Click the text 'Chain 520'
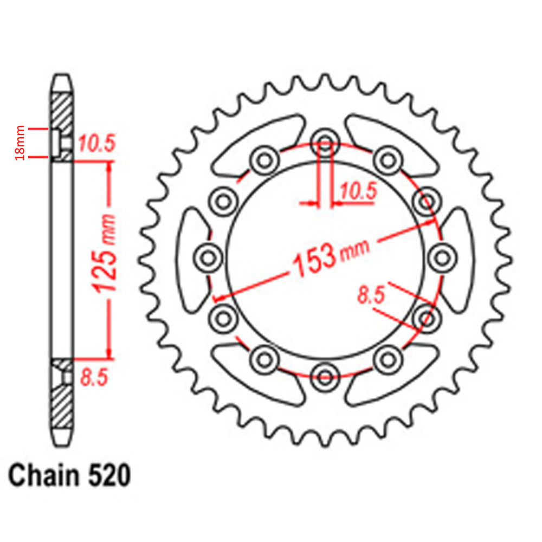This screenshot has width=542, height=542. click(69, 476)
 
